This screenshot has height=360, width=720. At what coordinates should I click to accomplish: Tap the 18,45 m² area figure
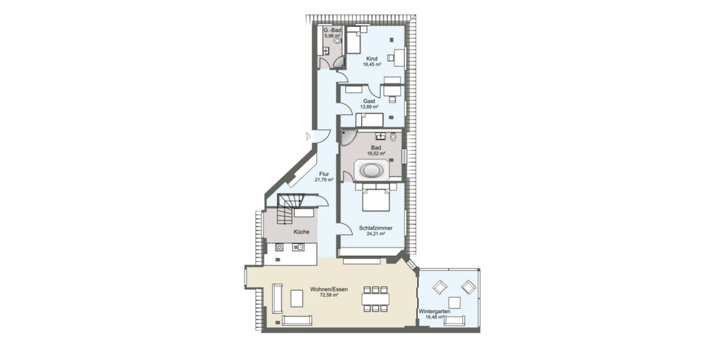pos(372,64)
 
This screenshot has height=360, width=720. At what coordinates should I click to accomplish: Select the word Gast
pos(369,101)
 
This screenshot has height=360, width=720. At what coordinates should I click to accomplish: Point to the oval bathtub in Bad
pos(371,170)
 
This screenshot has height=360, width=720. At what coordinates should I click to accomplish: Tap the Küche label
pos(301,232)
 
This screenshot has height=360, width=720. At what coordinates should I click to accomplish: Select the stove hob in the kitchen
pos(279,247)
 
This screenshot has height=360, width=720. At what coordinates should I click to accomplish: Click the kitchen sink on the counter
pos(298,247)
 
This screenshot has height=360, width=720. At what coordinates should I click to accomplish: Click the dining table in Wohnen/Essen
pos(376,298)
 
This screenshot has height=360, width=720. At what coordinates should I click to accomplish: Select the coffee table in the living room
pos(297,298)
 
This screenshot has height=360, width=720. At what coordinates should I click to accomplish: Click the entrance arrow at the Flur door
pos(308,136)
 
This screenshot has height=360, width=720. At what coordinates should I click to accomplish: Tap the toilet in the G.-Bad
pos(337,41)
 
